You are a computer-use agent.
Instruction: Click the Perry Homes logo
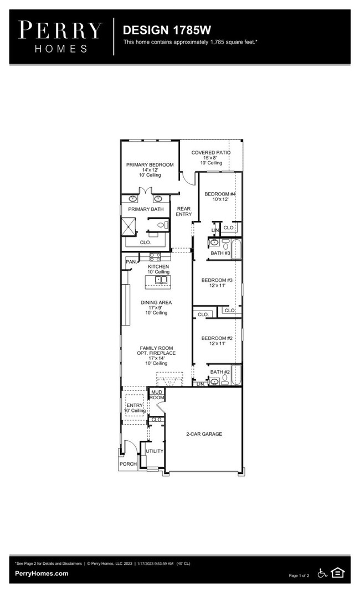click(x=60, y=37)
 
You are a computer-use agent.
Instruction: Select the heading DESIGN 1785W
click(x=167, y=30)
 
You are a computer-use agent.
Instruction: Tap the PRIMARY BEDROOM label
click(x=150, y=165)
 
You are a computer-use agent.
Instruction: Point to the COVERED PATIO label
click(x=210, y=152)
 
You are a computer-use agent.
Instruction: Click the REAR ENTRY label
click(x=184, y=212)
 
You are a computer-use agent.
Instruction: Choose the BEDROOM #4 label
click(x=220, y=194)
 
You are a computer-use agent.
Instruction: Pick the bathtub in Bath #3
click(x=236, y=249)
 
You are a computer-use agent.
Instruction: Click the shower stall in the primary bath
click(x=128, y=226)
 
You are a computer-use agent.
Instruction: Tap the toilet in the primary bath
click(x=162, y=225)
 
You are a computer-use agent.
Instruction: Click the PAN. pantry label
click(x=131, y=262)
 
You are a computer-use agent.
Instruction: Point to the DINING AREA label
click(x=156, y=302)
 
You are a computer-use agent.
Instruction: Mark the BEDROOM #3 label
click(x=217, y=280)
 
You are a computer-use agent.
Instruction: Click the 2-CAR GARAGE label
click(x=204, y=434)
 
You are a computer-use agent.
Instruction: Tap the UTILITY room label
click(x=155, y=451)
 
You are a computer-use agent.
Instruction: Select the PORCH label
click(x=128, y=463)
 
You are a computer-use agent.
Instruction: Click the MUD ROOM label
click(x=157, y=395)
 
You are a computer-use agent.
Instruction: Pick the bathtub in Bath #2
click(x=236, y=375)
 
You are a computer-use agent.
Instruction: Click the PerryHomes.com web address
click(x=42, y=573)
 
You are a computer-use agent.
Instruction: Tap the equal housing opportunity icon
click(x=338, y=573)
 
